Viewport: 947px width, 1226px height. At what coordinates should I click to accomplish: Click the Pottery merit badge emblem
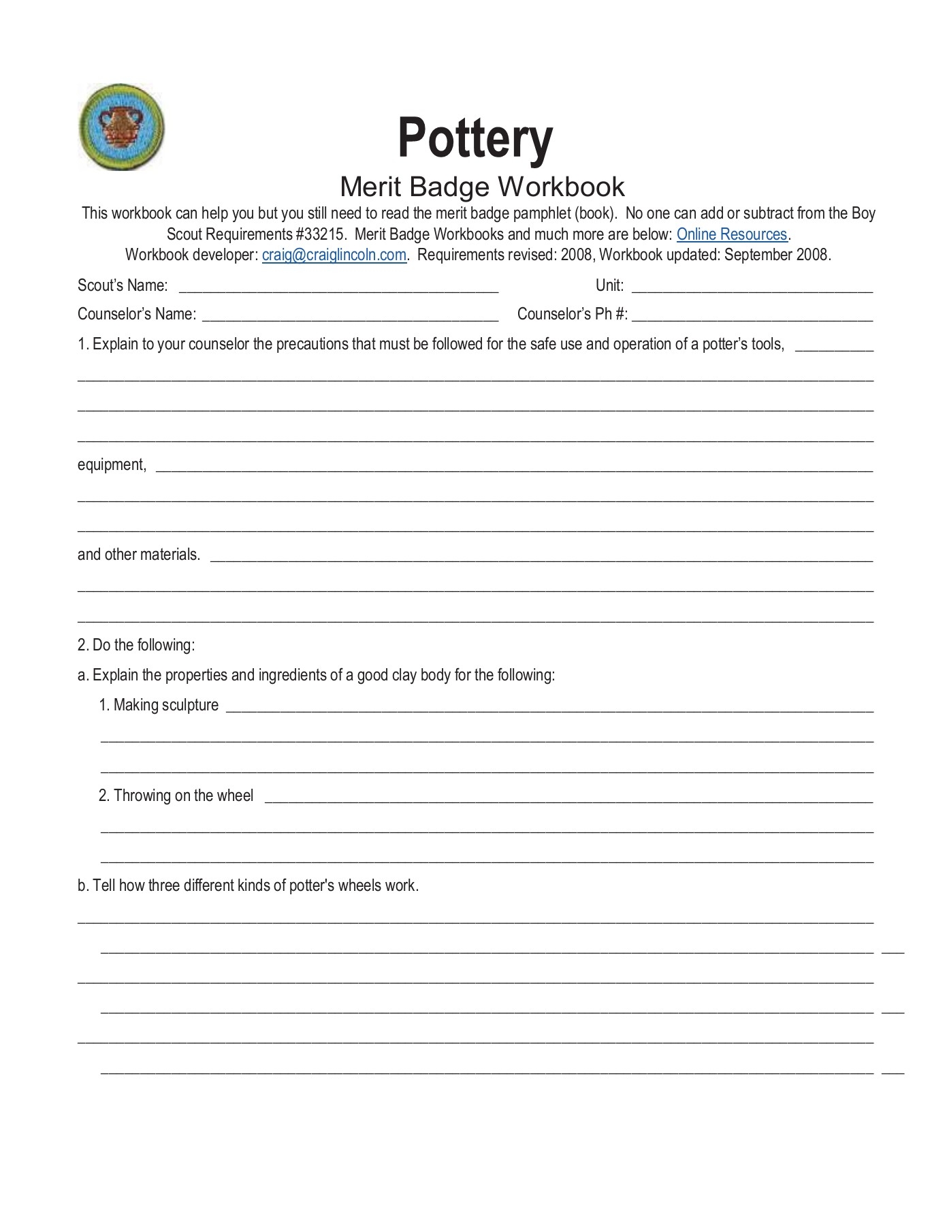point(122,127)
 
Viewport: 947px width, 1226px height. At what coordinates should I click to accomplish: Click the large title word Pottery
point(475,138)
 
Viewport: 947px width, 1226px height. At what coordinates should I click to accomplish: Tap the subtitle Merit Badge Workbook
point(481,187)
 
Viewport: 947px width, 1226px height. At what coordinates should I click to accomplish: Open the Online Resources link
point(731,234)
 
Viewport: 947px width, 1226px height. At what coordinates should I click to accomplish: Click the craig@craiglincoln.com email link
point(334,255)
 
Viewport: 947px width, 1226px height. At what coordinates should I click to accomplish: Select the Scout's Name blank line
point(338,287)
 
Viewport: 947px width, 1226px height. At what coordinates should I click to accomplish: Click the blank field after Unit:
point(752,287)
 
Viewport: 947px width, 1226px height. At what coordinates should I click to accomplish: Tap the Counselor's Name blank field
point(350,316)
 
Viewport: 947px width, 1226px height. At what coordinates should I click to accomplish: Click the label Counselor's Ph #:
point(572,314)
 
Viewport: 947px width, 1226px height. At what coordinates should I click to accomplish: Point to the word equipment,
point(112,465)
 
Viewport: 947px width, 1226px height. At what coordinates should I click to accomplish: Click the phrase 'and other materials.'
point(139,554)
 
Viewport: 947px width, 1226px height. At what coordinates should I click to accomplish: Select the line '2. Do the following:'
point(136,645)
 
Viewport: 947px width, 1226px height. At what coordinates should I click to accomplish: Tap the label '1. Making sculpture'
point(159,705)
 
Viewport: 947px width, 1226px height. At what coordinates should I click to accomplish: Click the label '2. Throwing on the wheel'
point(176,796)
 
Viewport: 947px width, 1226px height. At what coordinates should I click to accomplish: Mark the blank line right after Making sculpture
point(549,708)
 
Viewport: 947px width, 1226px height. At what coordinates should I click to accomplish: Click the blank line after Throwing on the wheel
point(568,799)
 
